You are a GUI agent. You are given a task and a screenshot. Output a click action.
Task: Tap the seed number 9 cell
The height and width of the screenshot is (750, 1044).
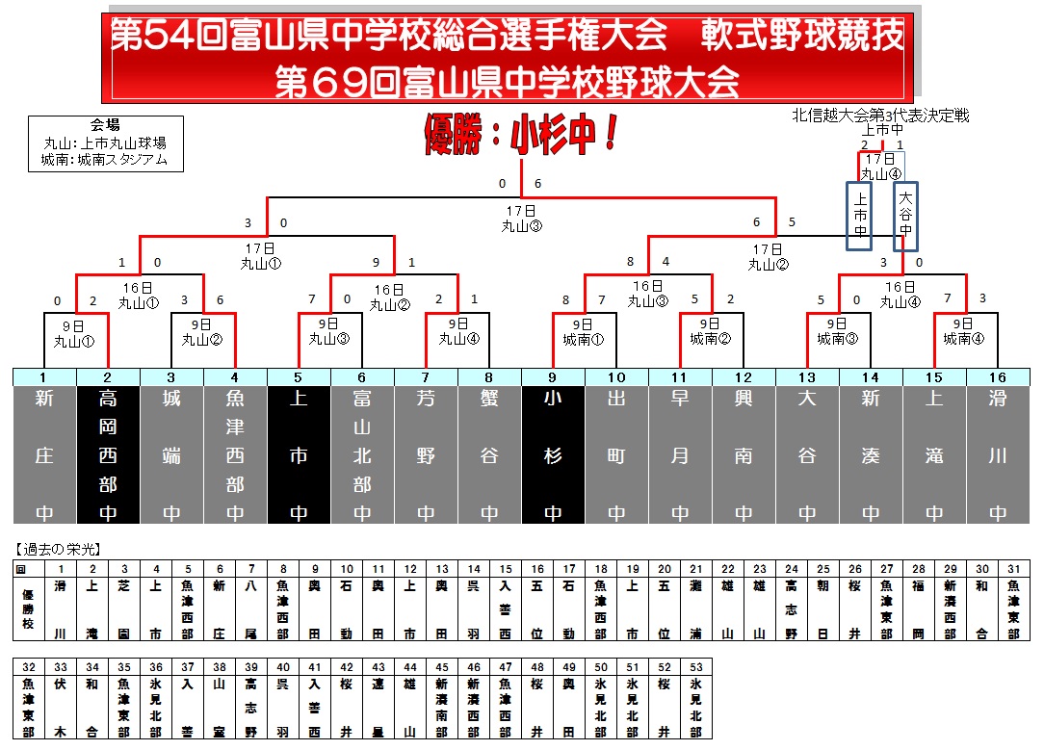(553, 377)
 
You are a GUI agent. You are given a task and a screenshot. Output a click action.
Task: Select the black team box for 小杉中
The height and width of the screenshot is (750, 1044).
(553, 454)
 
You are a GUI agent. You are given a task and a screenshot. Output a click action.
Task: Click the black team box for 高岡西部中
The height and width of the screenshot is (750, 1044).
(108, 454)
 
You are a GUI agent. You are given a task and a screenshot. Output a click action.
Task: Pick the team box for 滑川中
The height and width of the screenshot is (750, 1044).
(998, 454)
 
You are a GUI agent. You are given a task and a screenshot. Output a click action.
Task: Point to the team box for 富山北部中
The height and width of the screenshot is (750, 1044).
(362, 454)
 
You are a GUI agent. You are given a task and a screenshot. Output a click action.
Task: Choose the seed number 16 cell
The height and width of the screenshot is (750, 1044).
(998, 377)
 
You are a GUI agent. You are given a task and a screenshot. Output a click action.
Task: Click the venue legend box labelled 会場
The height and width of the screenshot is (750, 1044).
(105, 143)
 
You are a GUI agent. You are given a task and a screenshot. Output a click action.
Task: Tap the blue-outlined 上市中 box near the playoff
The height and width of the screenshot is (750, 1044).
(860, 217)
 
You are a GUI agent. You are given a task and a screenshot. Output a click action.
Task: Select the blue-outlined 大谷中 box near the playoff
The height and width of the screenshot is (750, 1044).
(905, 217)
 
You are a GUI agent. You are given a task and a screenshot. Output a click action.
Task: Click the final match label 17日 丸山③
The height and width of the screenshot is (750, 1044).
(521, 220)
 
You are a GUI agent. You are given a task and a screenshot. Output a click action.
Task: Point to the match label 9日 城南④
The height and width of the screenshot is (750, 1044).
(964, 331)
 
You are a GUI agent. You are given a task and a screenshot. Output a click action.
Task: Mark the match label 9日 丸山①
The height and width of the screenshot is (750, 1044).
(73, 331)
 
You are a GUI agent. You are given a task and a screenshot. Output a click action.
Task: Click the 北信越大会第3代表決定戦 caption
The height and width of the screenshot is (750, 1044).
(880, 116)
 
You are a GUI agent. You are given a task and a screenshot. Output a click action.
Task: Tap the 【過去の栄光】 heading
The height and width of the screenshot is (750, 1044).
(59, 550)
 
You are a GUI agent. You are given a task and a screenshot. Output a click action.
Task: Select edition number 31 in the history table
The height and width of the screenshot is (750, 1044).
(1013, 569)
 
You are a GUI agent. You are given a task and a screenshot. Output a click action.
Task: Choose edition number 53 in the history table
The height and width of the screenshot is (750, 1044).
(695, 666)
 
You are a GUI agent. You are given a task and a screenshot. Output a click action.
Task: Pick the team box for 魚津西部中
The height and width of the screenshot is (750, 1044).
(235, 454)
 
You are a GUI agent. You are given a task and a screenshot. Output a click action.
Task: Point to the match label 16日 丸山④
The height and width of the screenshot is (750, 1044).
(899, 294)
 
